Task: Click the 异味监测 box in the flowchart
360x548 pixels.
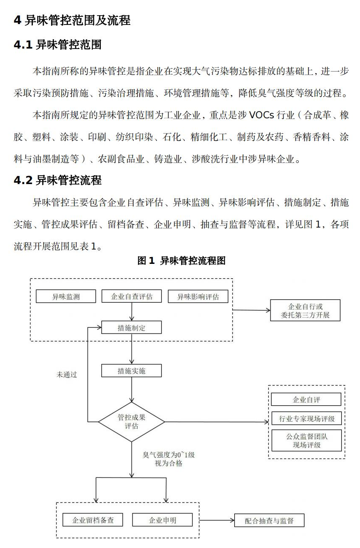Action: click(66, 296)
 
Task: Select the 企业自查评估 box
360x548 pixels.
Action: click(132, 296)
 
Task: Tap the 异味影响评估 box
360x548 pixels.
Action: click(198, 296)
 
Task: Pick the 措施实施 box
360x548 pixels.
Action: click(132, 371)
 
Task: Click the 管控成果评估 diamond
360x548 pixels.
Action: click(132, 421)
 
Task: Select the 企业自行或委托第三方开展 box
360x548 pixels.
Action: click(305, 311)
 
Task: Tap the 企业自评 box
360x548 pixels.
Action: click(306, 399)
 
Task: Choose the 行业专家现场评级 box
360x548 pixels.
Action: click(306, 419)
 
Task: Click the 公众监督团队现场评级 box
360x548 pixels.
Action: click(306, 440)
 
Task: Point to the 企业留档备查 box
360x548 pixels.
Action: click(93, 520)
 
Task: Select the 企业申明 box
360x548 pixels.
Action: click(162, 520)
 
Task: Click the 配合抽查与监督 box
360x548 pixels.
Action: click(269, 521)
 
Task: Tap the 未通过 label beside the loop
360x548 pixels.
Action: click(67, 374)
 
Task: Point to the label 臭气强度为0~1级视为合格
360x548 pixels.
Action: click(168, 459)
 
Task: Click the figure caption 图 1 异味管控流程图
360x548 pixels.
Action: click(181, 260)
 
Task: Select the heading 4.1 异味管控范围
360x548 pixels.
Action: click(58, 45)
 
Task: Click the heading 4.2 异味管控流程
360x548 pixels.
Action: click(58, 180)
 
